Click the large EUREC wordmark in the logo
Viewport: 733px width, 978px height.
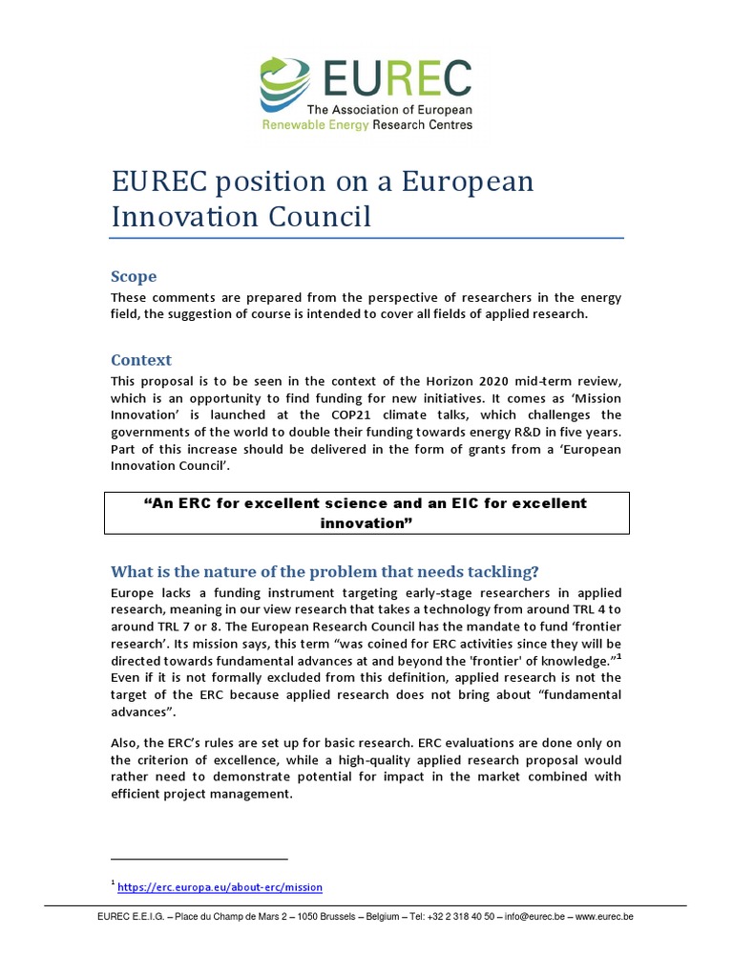(395, 79)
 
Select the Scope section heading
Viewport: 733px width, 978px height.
(134, 276)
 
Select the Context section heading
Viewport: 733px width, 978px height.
(141, 360)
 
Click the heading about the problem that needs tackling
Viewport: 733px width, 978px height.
(325, 571)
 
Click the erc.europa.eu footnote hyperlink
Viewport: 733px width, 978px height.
(220, 887)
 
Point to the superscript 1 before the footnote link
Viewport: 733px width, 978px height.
(113, 883)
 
